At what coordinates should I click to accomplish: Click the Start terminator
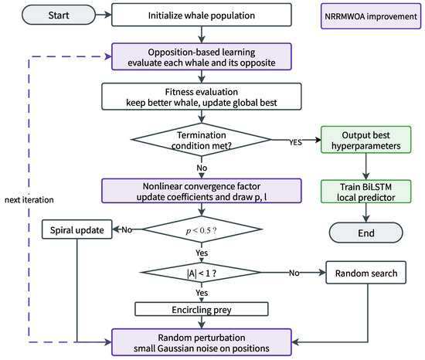point(59,15)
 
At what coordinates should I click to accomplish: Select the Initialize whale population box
point(202,15)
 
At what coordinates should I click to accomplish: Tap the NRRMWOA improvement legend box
point(371,16)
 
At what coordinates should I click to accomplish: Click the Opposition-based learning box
point(202,56)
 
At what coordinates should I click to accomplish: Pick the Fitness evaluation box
point(202,97)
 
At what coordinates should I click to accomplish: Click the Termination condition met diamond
point(202,140)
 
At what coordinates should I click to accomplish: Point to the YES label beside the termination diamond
point(295,142)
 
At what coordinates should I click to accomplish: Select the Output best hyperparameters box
point(366,140)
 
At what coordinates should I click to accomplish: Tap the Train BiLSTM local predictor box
point(366,192)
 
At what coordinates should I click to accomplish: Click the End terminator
point(366,233)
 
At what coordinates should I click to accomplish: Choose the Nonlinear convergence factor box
point(202,191)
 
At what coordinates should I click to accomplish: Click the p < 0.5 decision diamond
point(202,229)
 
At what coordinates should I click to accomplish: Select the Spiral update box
point(77,229)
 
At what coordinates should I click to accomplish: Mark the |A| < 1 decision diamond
point(202,273)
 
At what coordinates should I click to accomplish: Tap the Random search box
point(366,273)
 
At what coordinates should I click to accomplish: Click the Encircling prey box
point(202,309)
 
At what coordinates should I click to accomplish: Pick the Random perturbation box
point(202,342)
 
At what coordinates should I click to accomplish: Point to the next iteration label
point(29,199)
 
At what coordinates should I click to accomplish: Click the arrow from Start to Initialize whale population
point(104,15)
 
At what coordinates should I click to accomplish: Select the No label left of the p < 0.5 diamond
point(127,229)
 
